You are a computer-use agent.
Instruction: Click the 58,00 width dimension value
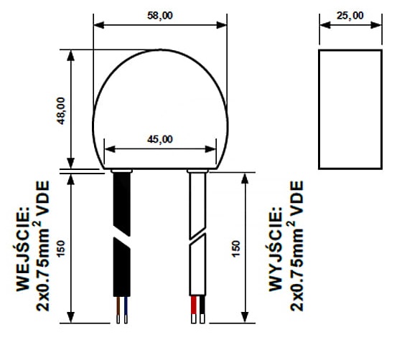[161, 16]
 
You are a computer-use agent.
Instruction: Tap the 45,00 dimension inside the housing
[161, 139]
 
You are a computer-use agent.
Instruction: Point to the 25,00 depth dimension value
[350, 16]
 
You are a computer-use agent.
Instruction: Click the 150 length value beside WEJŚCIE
[61, 248]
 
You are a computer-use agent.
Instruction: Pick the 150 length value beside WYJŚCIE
[236, 248]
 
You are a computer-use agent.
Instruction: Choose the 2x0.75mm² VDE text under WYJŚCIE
[296, 244]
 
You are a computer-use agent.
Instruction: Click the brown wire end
[118, 308]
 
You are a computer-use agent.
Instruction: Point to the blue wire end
[126, 308]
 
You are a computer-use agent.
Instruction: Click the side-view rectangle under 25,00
[350, 109]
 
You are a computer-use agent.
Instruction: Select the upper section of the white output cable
[197, 201]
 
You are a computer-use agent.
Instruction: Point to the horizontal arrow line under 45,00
[161, 150]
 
